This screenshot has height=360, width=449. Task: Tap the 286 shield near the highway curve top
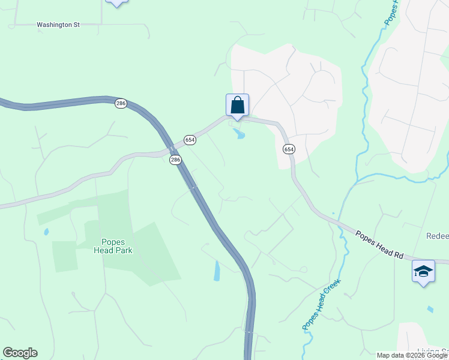[x=121, y=104]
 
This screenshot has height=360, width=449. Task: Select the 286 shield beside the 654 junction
[x=175, y=160]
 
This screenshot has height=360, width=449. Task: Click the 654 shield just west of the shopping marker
[x=190, y=140]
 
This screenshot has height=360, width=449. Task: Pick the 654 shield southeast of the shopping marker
[x=289, y=149]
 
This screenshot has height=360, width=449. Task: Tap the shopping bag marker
[x=237, y=105]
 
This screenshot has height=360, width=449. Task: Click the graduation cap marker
[x=423, y=271]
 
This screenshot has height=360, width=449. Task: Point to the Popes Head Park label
[x=113, y=247]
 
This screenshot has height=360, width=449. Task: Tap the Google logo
[x=20, y=353]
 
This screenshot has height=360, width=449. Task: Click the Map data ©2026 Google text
[x=412, y=355]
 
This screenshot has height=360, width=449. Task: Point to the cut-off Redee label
[x=437, y=236]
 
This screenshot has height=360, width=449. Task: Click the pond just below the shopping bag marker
[x=240, y=134]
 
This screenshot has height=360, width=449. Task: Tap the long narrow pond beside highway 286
[x=217, y=271]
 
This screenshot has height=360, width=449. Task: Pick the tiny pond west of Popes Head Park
[x=46, y=232]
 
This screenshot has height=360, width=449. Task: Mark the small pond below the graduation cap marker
[x=430, y=310]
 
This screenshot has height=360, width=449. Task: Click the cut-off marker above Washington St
[x=116, y=2]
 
